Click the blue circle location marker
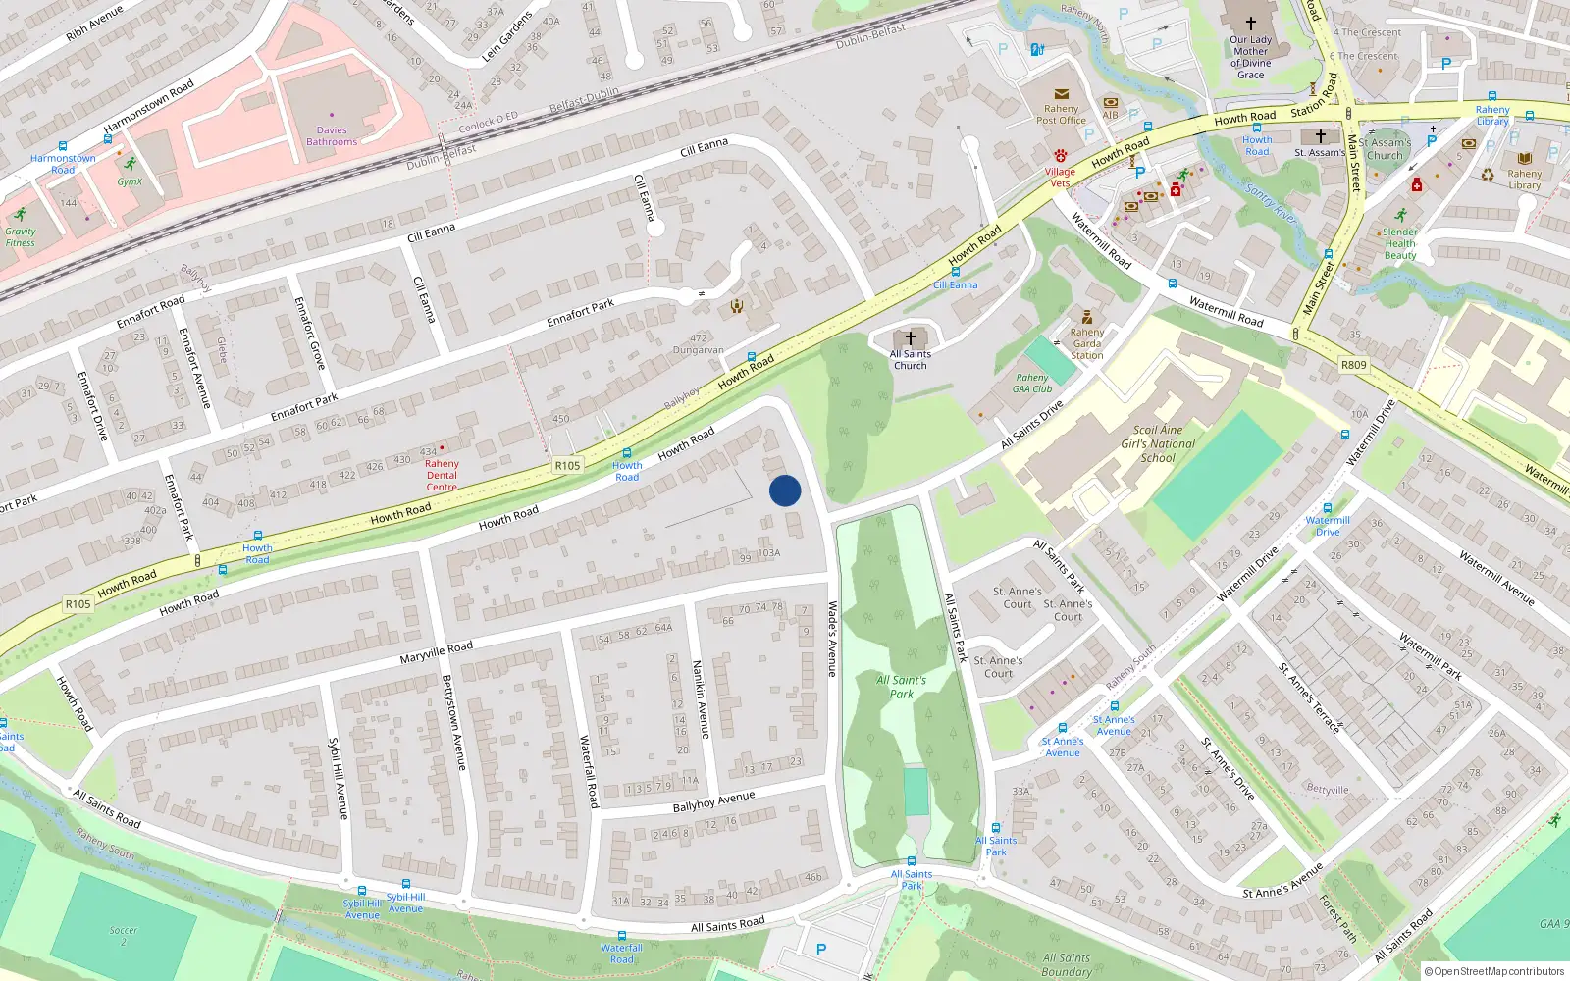point(785,490)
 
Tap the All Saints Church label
point(910,360)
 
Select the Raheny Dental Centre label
point(442,475)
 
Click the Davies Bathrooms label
point(332,136)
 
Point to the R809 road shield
point(1353,365)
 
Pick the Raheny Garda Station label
point(1087,343)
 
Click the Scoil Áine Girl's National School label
point(1158,443)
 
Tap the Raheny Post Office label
point(1061,115)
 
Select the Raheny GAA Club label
point(1032,383)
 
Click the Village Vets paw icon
point(1061,155)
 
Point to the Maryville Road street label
point(437,652)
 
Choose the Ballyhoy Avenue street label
point(713,801)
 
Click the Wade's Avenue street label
point(832,639)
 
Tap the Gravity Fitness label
point(20,237)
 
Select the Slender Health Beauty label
point(1400,244)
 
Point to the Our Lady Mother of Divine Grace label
point(1250,57)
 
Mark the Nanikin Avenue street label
point(702,698)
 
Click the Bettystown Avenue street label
point(453,722)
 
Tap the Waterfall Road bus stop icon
point(621,936)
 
